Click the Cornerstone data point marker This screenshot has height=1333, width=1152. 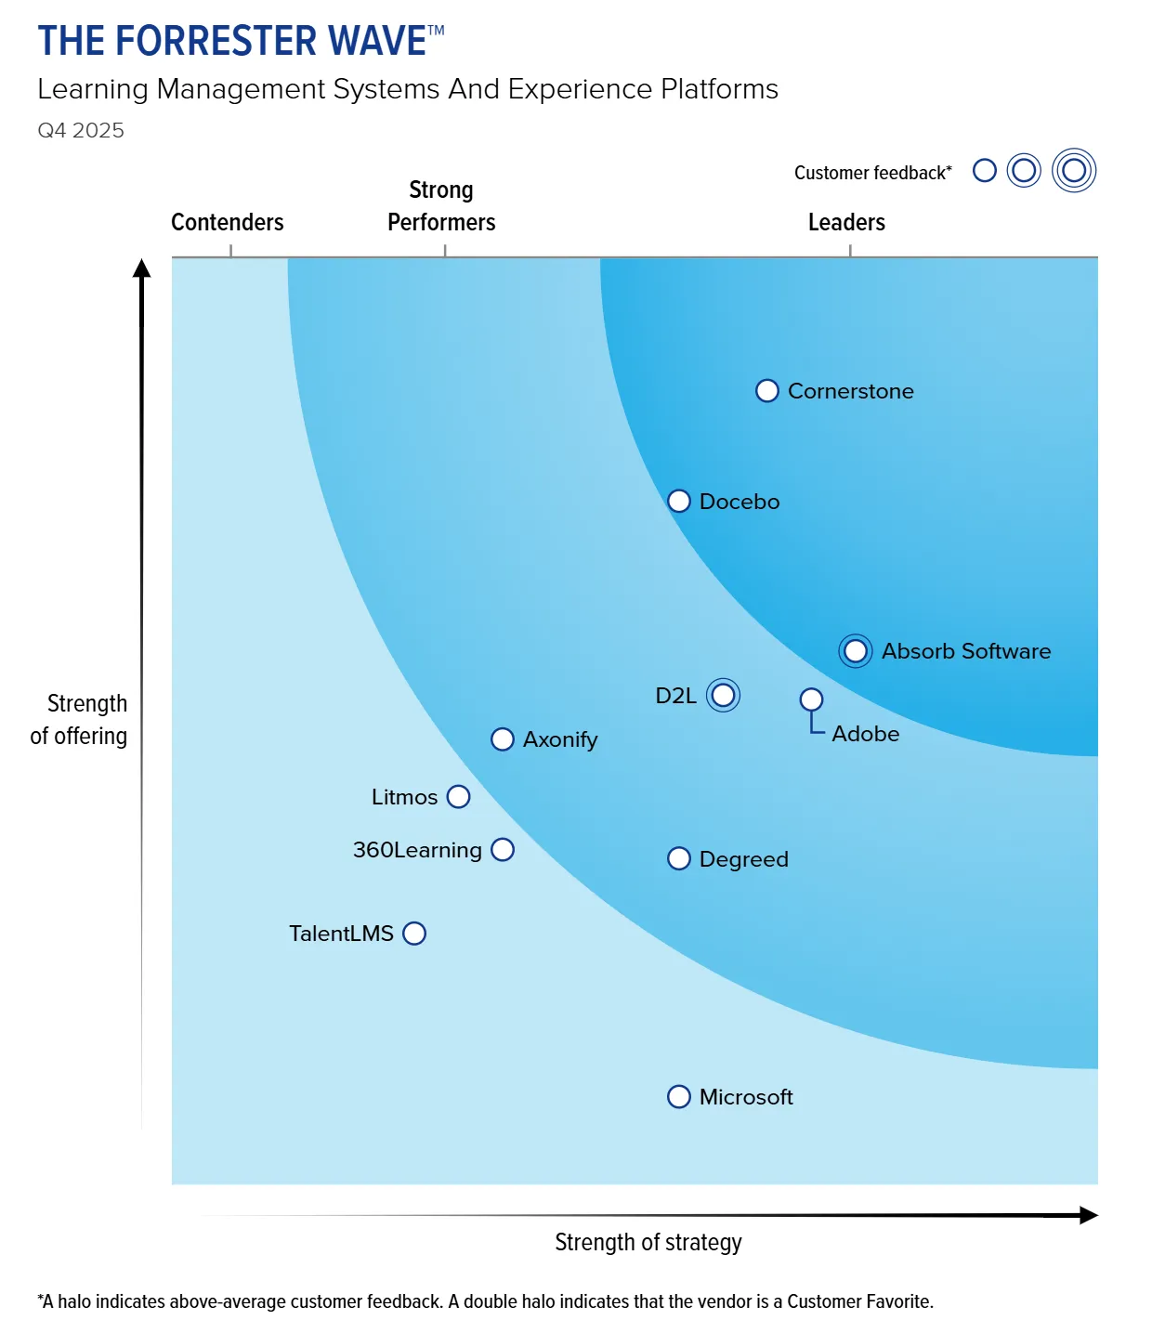766,391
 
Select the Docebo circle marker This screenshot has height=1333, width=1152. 679,502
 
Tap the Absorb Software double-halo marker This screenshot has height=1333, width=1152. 856,651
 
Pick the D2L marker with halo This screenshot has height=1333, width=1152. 723,695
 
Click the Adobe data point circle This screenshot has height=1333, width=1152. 811,699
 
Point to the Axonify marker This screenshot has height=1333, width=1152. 502,739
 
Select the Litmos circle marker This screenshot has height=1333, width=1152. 458,797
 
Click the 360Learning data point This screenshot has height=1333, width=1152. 503,850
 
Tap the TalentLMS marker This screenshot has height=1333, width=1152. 414,934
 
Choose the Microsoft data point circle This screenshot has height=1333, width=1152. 679,1097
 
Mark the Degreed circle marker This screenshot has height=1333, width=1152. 679,859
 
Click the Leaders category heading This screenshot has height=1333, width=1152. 846,223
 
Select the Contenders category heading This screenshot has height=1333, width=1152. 228,223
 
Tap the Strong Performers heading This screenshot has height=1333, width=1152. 441,206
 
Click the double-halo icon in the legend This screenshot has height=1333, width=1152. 1074,171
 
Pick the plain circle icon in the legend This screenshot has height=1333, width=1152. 985,171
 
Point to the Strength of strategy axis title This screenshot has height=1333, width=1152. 648,1243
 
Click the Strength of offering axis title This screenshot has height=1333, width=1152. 79,720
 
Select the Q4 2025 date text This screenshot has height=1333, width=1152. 81,131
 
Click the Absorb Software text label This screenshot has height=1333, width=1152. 966,651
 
